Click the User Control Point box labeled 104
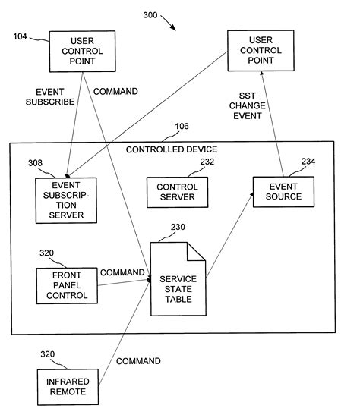click(x=82, y=51)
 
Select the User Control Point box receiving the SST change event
click(x=261, y=51)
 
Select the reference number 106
click(x=182, y=127)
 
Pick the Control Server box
click(x=176, y=192)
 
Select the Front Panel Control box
click(x=67, y=285)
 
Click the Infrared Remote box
click(x=67, y=387)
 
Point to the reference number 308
click(x=35, y=162)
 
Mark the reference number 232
click(x=207, y=162)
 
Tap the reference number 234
click(x=308, y=161)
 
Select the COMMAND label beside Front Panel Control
click(x=122, y=272)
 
